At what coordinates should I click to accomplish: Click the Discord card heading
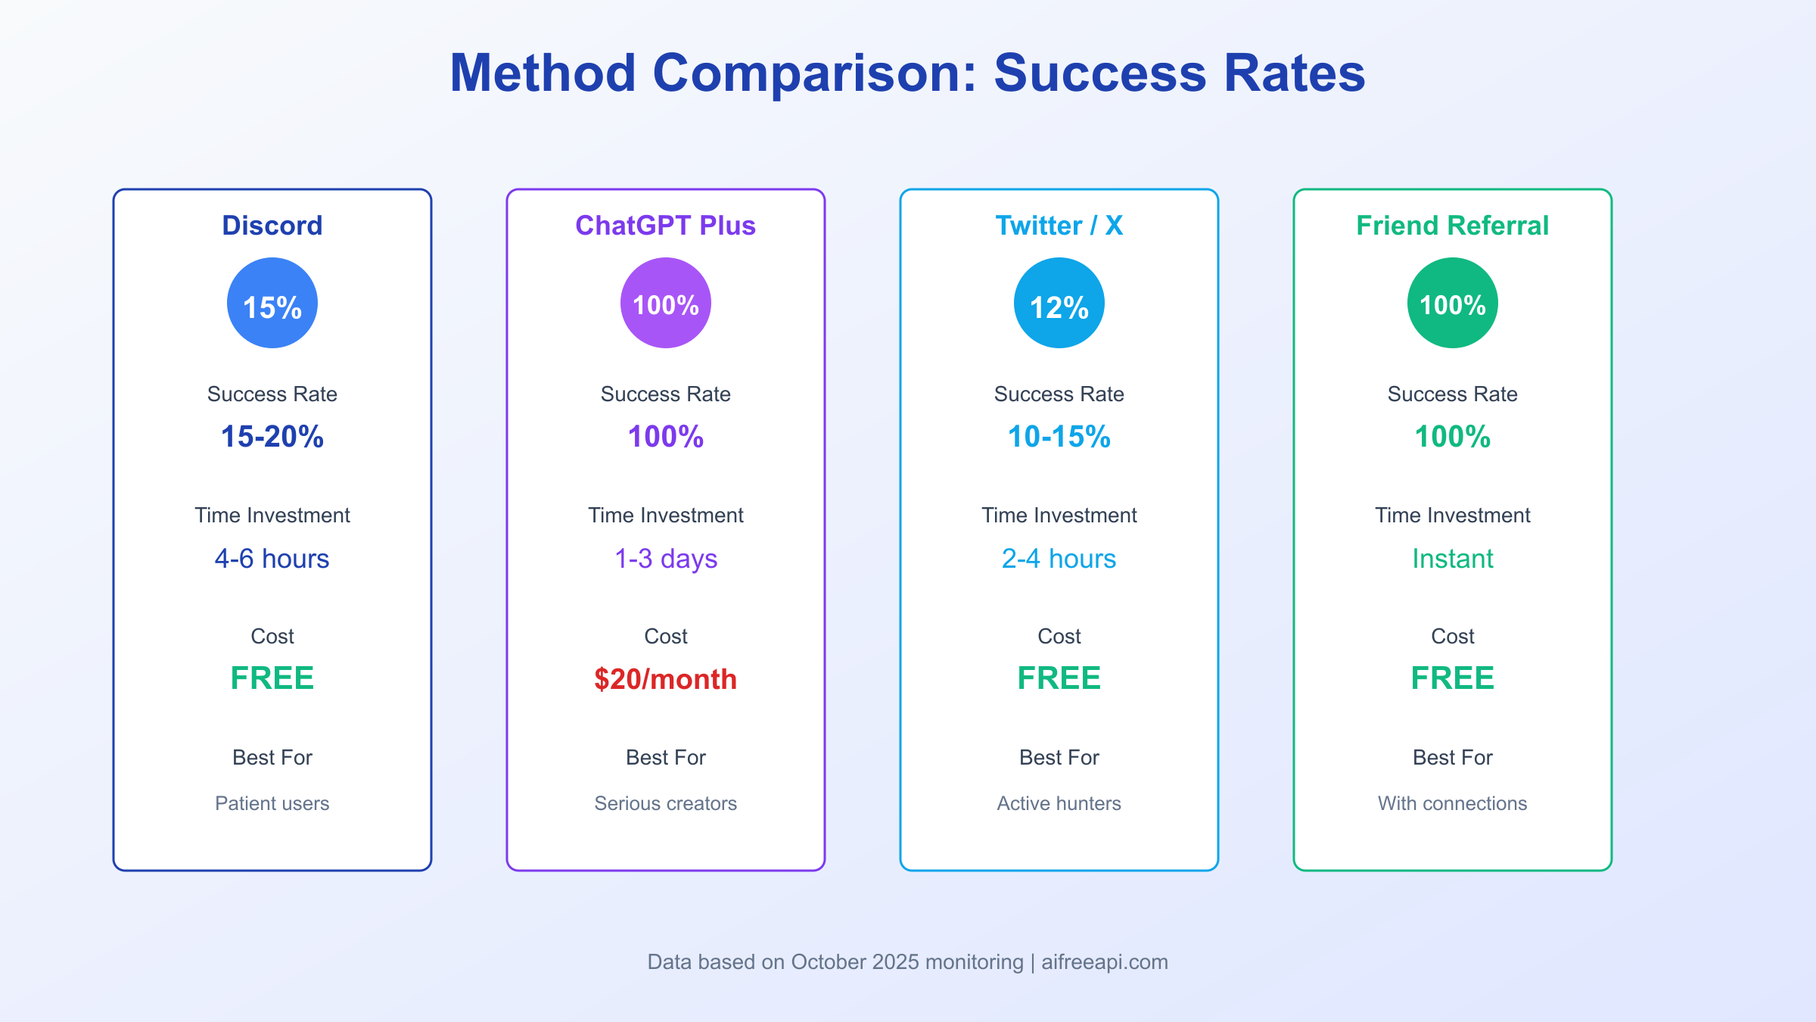(x=272, y=226)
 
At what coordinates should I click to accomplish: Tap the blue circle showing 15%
(x=272, y=303)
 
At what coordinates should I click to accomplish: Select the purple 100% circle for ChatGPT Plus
(x=665, y=303)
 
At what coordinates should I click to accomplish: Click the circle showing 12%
(x=1059, y=303)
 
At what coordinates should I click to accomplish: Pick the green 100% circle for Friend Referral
(x=1452, y=303)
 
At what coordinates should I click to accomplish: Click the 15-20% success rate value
(x=272, y=437)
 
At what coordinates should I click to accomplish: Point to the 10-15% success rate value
(x=1059, y=437)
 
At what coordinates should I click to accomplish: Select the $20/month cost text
(x=665, y=679)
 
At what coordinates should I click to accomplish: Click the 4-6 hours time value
(x=272, y=559)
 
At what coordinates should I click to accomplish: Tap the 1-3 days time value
(x=665, y=559)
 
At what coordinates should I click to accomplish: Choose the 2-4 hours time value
(x=1059, y=559)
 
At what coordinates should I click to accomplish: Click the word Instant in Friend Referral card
(x=1452, y=559)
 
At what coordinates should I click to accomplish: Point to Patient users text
(x=272, y=803)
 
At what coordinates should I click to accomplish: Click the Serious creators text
(x=665, y=803)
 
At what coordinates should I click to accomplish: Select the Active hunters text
(x=1059, y=803)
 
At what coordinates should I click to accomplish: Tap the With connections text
(x=1452, y=803)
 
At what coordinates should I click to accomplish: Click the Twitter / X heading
(x=1059, y=226)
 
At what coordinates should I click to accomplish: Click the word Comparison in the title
(x=815, y=73)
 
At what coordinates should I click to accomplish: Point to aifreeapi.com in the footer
(x=1104, y=962)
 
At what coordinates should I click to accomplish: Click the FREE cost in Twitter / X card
(x=1059, y=678)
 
